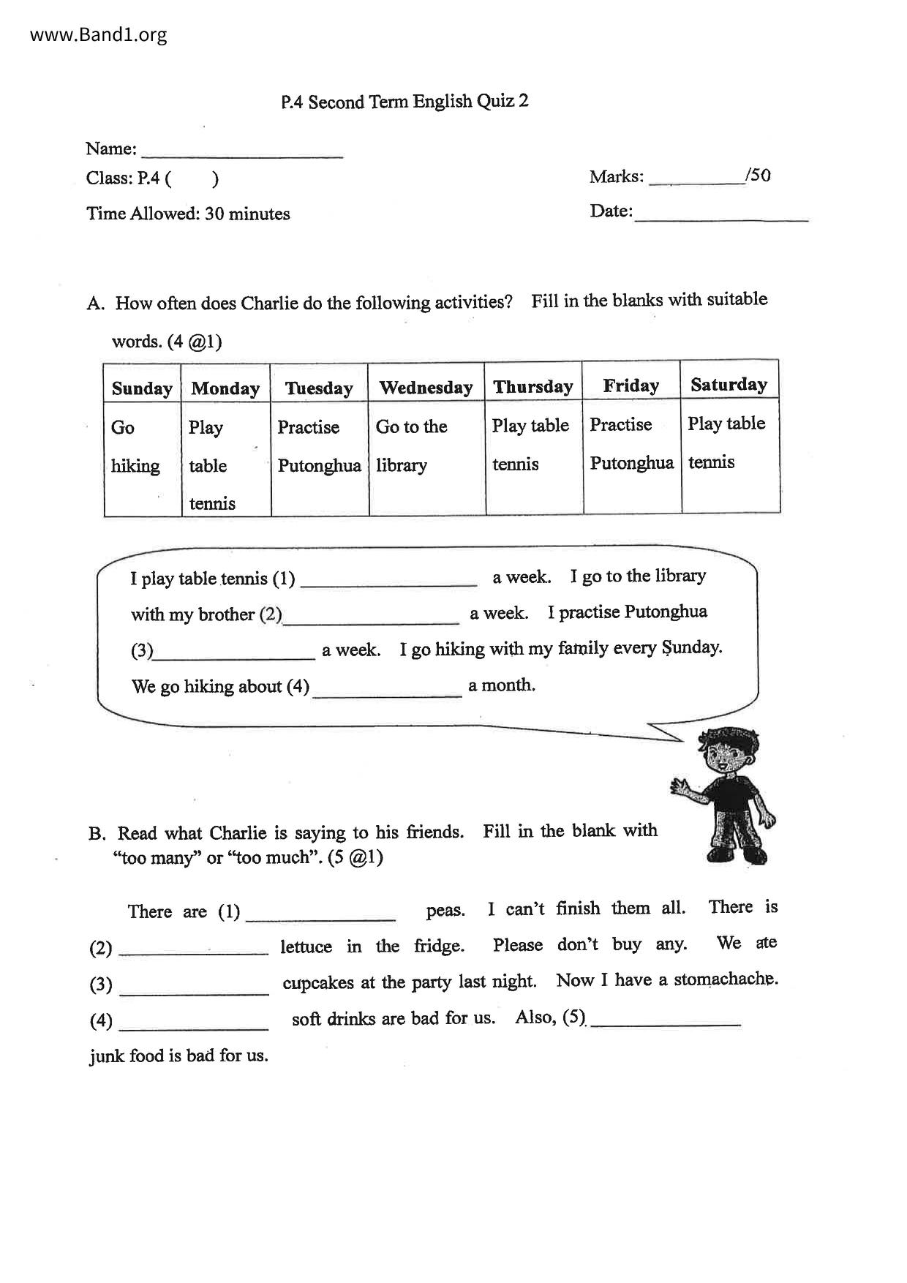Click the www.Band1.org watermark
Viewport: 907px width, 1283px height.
[99, 34]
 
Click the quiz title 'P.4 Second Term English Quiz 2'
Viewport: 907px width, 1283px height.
[404, 101]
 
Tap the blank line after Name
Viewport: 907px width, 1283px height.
[242, 151]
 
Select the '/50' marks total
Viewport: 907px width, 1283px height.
[758, 176]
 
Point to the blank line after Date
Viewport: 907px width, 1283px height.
[721, 214]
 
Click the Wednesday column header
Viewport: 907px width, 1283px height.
[426, 387]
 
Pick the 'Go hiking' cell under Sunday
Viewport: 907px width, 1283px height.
[136, 446]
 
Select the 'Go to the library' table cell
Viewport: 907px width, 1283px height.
[411, 445]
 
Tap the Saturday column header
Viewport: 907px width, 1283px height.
[729, 384]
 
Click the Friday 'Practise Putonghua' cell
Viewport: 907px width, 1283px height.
[631, 443]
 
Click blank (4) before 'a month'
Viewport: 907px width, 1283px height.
[387, 689]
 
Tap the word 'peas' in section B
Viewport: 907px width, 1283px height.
[445, 911]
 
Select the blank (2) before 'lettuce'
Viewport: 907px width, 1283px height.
[194, 948]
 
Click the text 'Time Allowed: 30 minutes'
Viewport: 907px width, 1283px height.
[188, 214]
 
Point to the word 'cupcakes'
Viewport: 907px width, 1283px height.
[318, 983]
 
